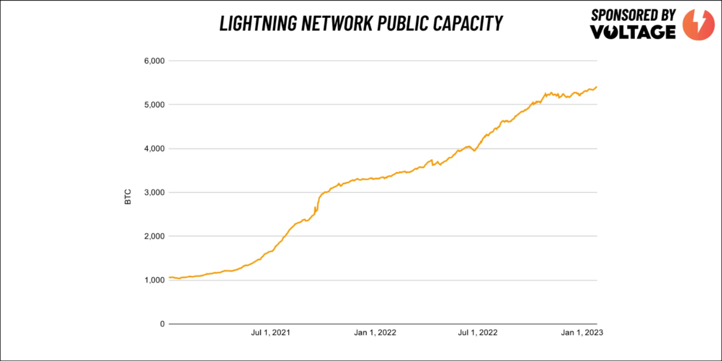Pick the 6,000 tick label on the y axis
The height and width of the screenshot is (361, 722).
coord(154,61)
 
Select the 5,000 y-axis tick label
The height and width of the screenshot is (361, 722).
coord(154,105)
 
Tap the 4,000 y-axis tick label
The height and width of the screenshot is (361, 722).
coord(154,149)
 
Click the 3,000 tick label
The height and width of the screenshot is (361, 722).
coord(154,192)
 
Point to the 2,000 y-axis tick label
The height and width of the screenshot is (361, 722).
coord(154,236)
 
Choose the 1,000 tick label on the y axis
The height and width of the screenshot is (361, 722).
coord(154,280)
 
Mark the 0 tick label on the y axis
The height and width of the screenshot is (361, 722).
coord(162,324)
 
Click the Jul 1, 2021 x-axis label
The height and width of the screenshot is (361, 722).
coord(271,333)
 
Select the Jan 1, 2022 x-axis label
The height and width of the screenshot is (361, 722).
coord(375,333)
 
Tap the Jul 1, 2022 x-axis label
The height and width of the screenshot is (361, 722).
coord(478,333)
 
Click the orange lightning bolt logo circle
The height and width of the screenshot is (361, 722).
coord(698,25)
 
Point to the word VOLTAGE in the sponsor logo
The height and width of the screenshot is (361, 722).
coord(633,32)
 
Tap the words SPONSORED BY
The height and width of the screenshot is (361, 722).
coord(633,15)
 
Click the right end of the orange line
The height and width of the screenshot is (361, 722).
coord(596,87)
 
